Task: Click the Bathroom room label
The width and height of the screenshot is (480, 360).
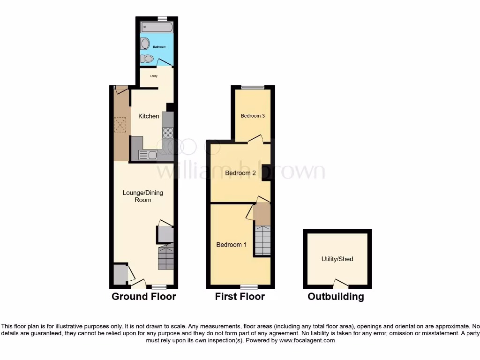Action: click(x=159, y=47)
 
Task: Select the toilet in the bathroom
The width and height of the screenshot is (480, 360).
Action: click(x=147, y=59)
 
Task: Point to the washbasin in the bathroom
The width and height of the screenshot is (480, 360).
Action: click(x=145, y=43)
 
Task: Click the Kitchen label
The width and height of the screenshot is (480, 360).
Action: click(x=149, y=116)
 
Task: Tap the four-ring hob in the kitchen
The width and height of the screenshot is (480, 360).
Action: click(x=168, y=133)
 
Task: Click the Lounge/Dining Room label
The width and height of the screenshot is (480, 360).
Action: click(x=143, y=196)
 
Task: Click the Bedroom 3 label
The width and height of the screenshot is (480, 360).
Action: click(x=253, y=116)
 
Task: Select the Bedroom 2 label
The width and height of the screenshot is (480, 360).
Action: click(x=240, y=173)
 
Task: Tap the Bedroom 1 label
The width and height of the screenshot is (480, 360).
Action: click(x=231, y=244)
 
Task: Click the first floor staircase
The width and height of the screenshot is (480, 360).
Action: click(x=262, y=240)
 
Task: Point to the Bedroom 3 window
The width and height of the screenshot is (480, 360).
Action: click(x=253, y=87)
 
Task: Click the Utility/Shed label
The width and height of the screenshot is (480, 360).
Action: click(x=337, y=259)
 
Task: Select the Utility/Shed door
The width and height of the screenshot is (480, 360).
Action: click(x=340, y=283)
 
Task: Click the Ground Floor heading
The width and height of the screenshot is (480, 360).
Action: click(x=144, y=296)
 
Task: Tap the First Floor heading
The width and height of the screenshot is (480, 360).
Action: click(x=240, y=296)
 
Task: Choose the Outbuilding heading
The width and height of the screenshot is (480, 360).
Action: click(x=336, y=296)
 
